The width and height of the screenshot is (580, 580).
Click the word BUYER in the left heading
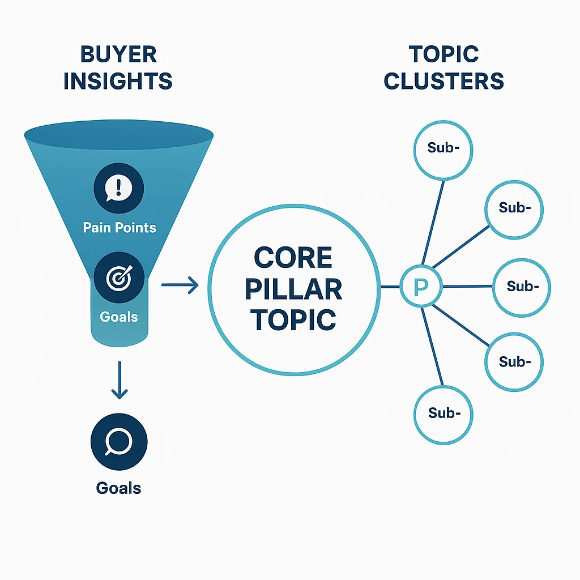tap(118, 55)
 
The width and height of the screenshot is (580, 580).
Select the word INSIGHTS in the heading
tap(118, 82)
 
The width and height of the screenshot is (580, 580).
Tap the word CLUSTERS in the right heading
tap(443, 82)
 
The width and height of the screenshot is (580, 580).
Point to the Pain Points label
tap(120, 228)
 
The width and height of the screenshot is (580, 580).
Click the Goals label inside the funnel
tap(119, 316)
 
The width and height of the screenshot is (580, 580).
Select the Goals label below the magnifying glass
tap(119, 488)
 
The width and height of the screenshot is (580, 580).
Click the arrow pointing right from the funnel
tap(180, 285)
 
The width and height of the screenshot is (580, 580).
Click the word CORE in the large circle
tap(293, 258)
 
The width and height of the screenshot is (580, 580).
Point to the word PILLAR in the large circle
tap(293, 289)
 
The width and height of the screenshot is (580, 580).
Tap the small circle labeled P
tap(420, 287)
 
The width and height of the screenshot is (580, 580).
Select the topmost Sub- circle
tap(443, 150)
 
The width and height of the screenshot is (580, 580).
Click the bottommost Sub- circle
tap(443, 414)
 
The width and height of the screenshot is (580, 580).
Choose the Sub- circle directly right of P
tap(521, 287)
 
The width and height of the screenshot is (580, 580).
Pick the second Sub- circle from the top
tap(514, 208)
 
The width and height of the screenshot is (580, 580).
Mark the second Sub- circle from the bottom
tap(514, 361)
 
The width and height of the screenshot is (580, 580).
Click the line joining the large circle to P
tap(390, 287)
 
